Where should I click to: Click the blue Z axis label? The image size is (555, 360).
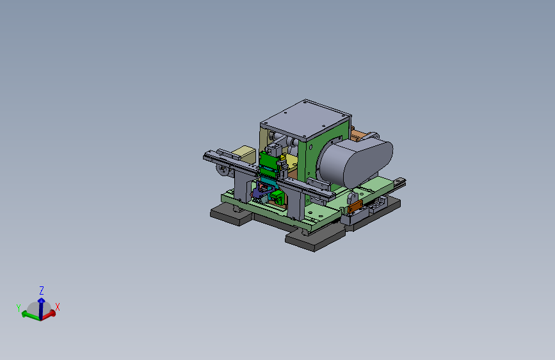(x=42, y=291)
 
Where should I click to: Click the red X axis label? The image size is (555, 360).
(x=58, y=307)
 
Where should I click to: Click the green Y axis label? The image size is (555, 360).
(x=19, y=307)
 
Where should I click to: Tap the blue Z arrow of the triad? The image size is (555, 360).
(x=41, y=307)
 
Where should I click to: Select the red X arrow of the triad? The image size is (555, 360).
(x=49, y=315)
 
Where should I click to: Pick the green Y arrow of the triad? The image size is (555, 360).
(x=31, y=315)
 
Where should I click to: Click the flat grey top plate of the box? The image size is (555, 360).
(x=305, y=119)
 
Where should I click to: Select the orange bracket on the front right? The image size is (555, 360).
(x=355, y=206)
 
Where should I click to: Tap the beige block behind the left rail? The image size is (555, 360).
(x=243, y=154)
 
